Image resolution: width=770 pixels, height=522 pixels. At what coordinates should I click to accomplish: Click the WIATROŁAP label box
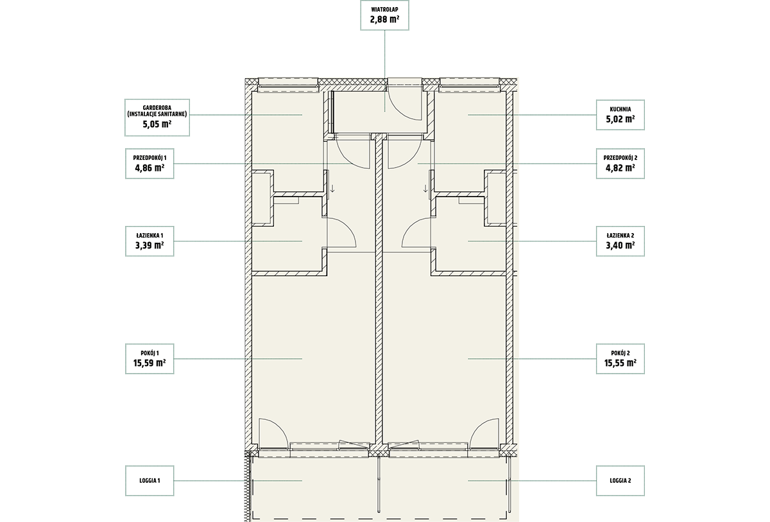click(x=384, y=15)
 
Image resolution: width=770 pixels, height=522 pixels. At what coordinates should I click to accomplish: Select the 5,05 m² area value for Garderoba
click(x=157, y=124)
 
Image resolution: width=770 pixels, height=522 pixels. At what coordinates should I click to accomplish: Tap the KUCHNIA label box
click(x=620, y=115)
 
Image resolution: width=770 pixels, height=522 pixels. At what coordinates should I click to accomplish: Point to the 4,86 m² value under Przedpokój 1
click(x=150, y=168)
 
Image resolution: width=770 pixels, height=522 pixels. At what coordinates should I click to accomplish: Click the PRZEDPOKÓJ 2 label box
click(x=620, y=164)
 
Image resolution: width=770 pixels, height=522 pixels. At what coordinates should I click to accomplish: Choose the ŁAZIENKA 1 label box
click(x=150, y=241)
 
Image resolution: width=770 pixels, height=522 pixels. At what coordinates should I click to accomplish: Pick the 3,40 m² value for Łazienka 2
click(x=620, y=245)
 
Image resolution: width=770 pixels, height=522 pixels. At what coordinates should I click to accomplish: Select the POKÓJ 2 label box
click(x=620, y=359)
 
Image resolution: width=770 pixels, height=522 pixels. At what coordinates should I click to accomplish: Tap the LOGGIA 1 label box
click(x=150, y=481)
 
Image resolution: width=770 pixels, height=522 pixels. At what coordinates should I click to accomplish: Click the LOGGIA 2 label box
click(x=620, y=481)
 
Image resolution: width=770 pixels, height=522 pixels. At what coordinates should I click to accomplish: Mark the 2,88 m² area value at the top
click(x=384, y=19)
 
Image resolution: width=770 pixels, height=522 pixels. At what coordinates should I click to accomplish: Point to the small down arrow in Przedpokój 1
click(x=332, y=188)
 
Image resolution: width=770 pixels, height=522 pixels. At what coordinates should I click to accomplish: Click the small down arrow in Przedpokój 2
click(x=425, y=188)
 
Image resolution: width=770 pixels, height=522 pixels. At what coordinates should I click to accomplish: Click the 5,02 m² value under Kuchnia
click(x=620, y=119)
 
